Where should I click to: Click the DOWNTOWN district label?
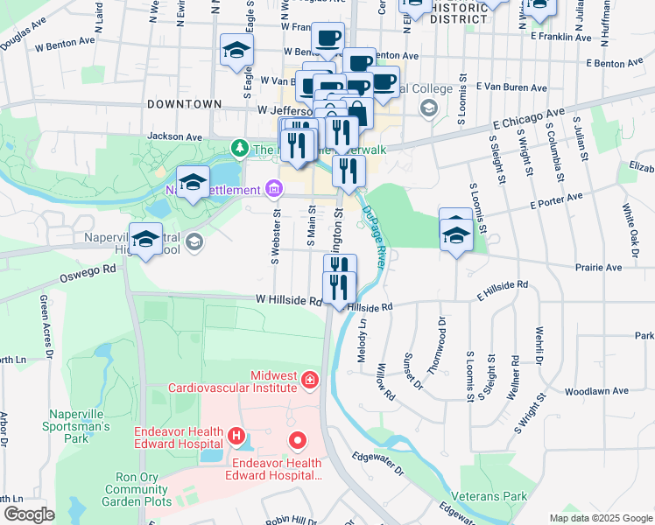(184, 104)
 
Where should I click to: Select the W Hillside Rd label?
(289, 300)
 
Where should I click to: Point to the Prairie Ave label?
(598, 267)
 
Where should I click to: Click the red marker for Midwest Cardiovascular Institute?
(309, 380)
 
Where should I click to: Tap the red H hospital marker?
(236, 435)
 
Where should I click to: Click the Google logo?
(29, 514)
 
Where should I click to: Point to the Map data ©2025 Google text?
(600, 518)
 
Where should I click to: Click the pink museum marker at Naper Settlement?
(273, 189)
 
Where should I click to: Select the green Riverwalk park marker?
(237, 149)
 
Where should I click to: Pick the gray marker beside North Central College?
(428, 108)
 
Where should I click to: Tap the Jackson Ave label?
(174, 136)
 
